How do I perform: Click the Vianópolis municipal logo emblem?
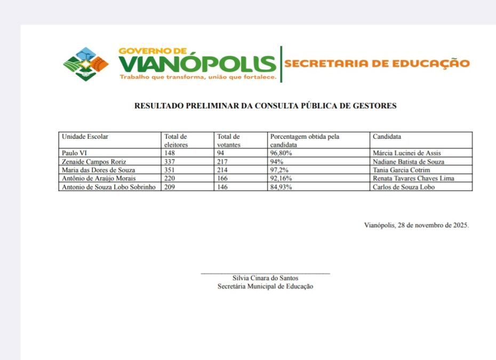[x=85, y=64]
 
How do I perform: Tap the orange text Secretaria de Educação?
[x=377, y=63]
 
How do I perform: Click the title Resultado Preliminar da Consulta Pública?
[x=265, y=106]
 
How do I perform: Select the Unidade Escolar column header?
[x=85, y=137]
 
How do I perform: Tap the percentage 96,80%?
[x=281, y=153]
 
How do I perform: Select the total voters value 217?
[x=223, y=162]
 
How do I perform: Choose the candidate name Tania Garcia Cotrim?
[x=401, y=170]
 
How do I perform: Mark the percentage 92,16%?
[x=281, y=179]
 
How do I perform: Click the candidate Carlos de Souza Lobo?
[x=404, y=187]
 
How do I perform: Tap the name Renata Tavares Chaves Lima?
[x=413, y=179]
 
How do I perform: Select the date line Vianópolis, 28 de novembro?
[x=416, y=225]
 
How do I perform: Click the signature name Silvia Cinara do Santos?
[x=265, y=278]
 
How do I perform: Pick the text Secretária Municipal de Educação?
[x=265, y=286]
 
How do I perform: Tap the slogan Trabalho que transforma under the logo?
[x=197, y=77]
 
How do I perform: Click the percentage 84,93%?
[x=281, y=187]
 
